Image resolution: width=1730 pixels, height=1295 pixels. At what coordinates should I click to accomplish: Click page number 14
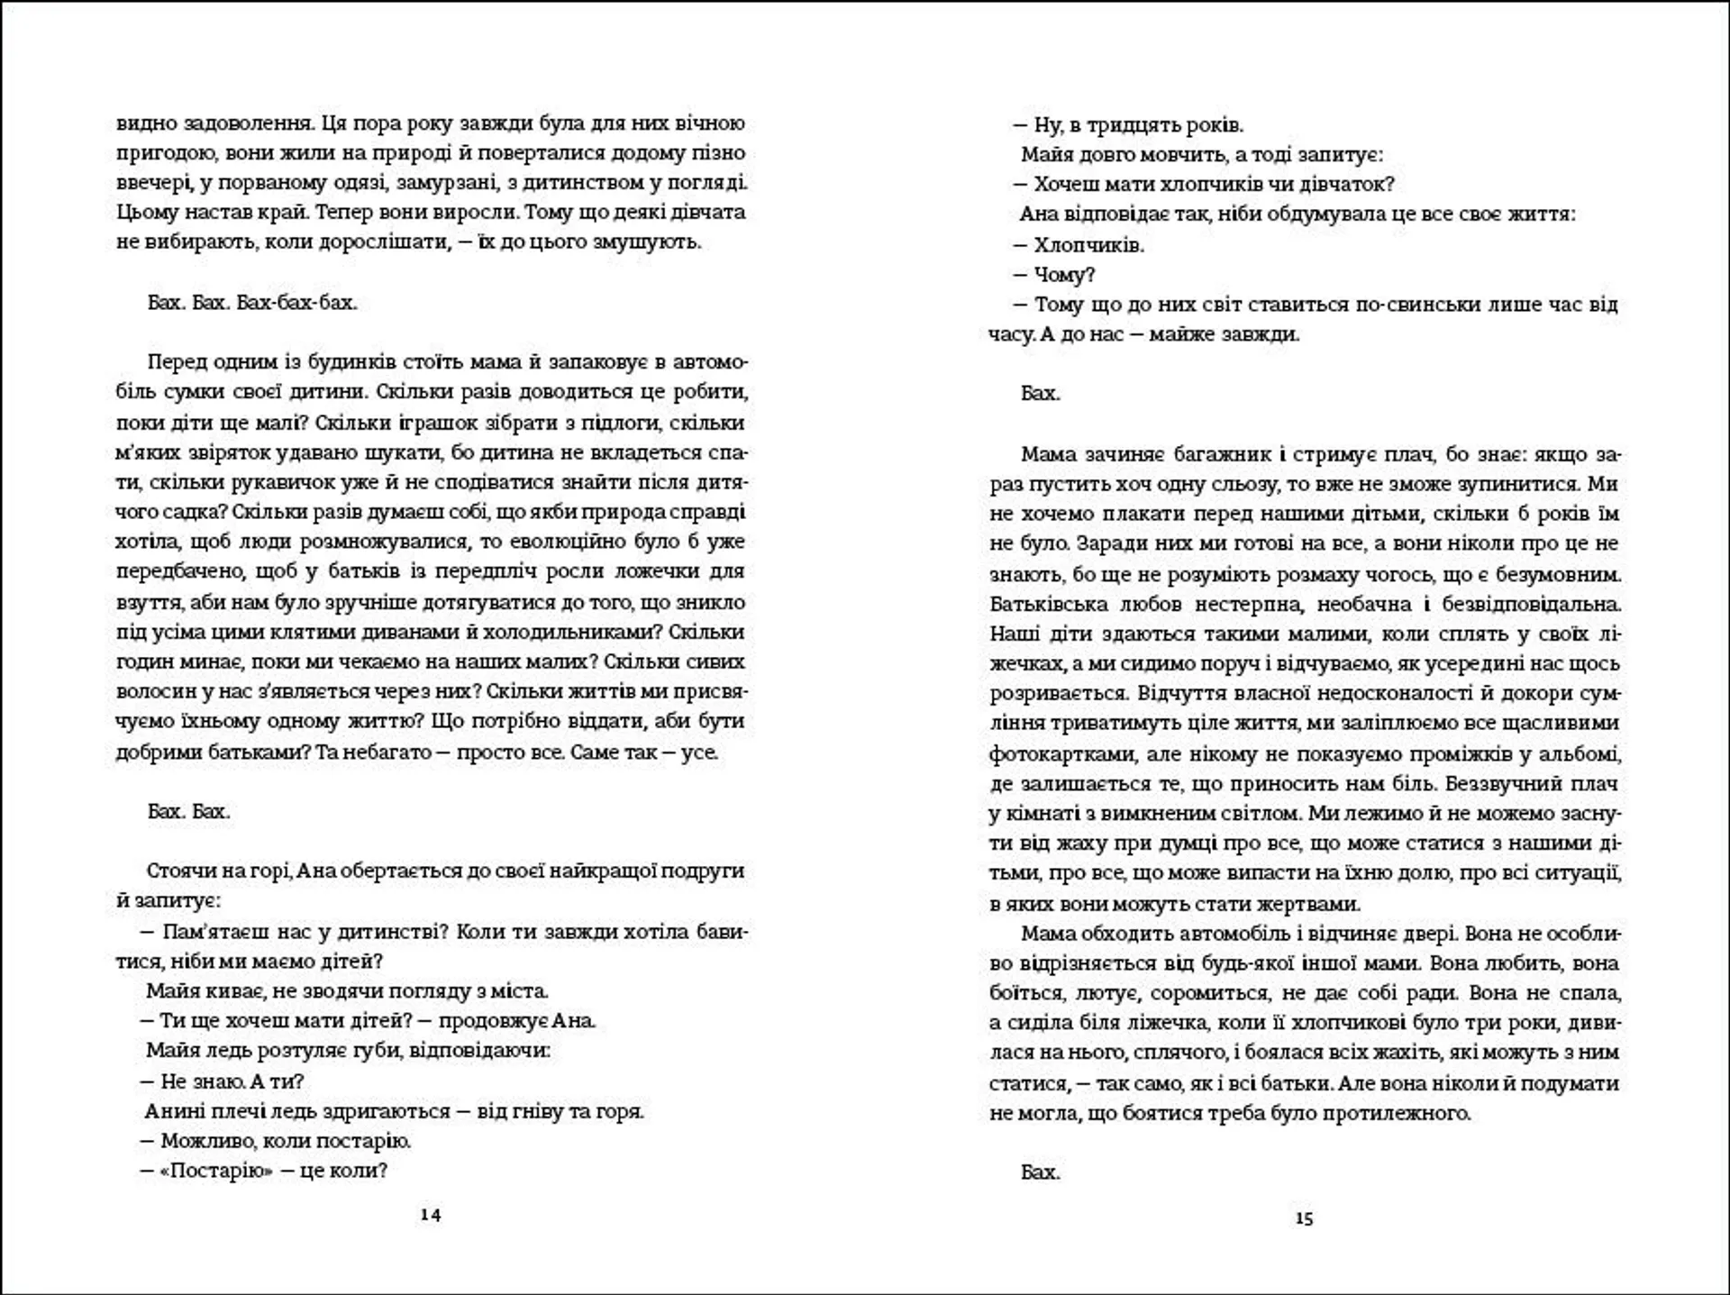tap(431, 1215)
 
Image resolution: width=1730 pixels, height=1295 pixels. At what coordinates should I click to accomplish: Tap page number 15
tap(1304, 1218)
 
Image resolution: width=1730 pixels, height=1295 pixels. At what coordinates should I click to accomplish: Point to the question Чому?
tap(1064, 275)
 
